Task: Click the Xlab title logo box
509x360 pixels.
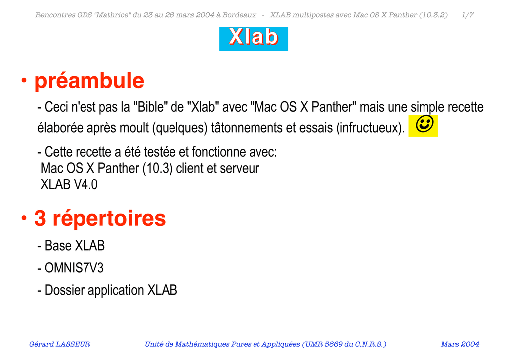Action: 254,39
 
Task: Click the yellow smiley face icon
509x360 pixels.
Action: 423,126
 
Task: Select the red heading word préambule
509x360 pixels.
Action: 89,81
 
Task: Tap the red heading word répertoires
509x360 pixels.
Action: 109,218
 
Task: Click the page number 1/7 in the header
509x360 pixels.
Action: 467,15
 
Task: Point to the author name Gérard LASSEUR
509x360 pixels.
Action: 60,344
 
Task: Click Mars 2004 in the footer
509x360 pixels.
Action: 460,344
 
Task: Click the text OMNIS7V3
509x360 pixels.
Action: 74,268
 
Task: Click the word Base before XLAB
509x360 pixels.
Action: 58,246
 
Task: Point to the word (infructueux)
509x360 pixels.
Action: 370,128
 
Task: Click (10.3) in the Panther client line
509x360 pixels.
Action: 158,169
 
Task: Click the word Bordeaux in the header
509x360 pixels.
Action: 239,15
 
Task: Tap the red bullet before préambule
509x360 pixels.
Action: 24,80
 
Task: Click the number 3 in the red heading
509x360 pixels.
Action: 40,218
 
